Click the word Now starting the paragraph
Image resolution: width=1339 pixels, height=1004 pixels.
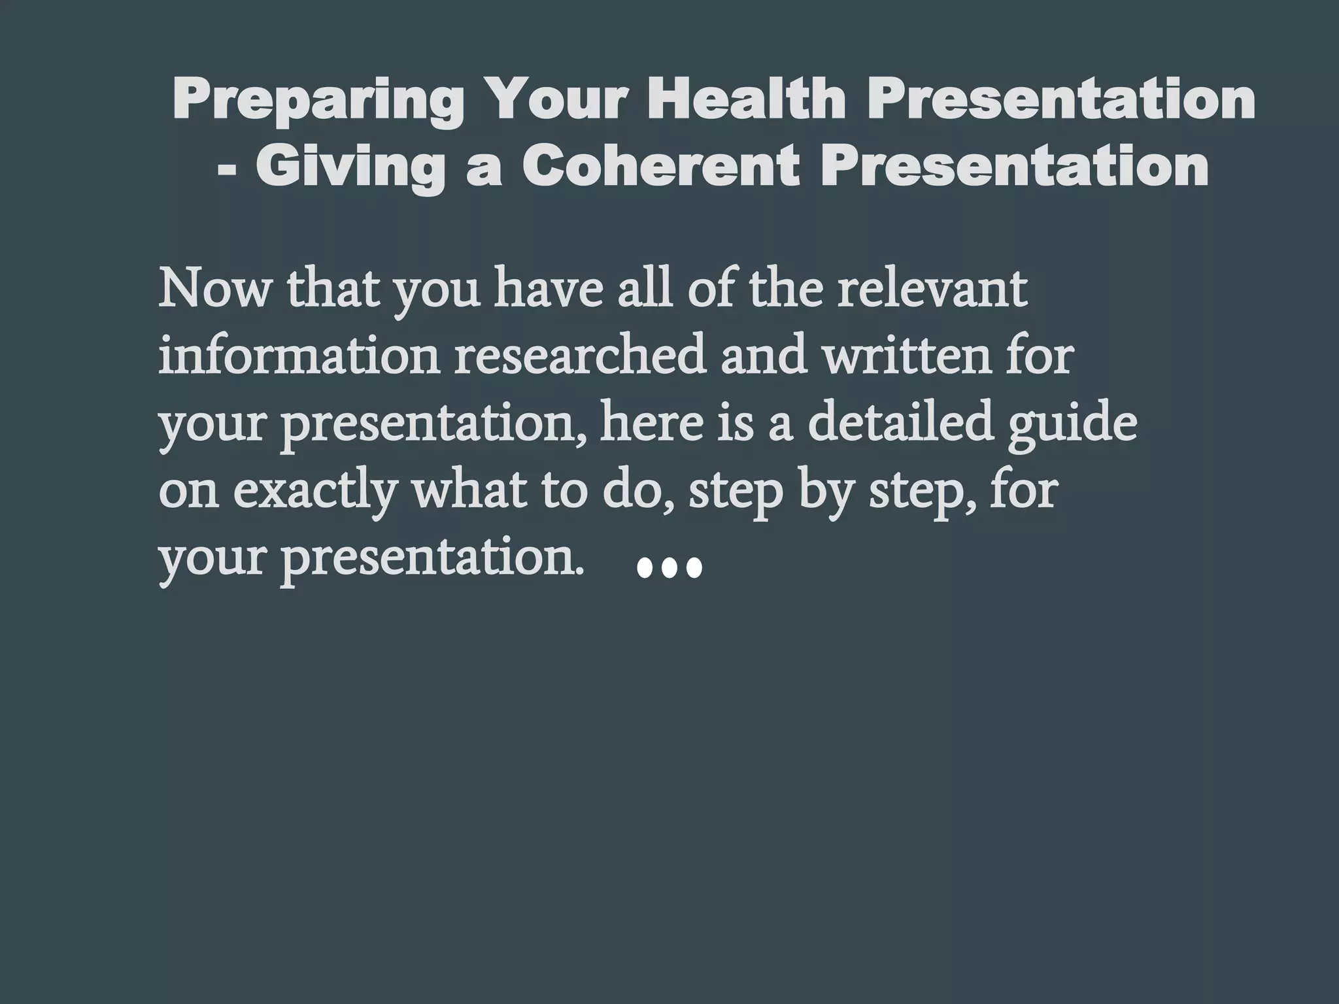(x=213, y=290)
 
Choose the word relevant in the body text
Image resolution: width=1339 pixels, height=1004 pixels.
(x=932, y=290)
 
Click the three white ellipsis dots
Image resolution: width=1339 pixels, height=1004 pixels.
(x=669, y=568)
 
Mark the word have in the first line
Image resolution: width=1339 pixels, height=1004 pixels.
(x=547, y=290)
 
